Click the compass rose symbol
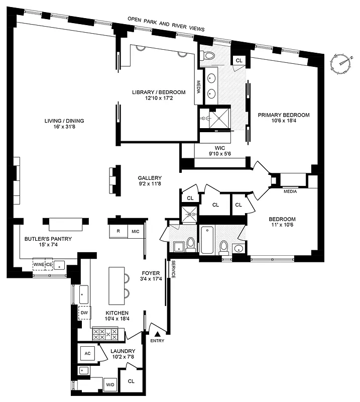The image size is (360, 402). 341,63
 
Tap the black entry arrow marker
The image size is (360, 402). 158,333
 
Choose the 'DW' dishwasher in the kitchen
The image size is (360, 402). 83,312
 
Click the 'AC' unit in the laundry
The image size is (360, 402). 87,353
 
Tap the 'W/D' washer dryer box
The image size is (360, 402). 109,385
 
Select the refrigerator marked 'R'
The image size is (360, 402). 118,231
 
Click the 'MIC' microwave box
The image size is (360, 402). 135,231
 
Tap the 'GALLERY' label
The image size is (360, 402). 150,178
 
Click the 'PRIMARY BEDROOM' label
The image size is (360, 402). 284,115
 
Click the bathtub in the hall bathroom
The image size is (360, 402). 207,241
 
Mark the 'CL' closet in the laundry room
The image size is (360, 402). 131,381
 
